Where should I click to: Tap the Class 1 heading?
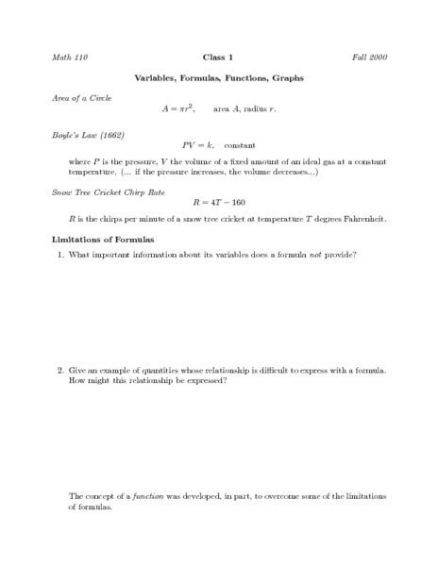(x=219, y=58)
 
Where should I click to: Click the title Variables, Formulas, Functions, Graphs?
(x=219, y=78)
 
